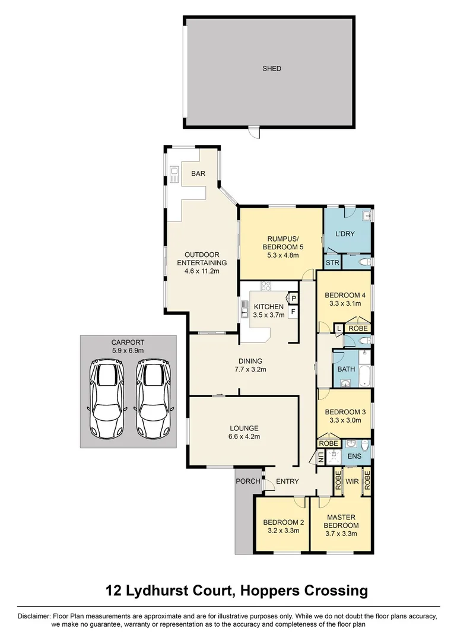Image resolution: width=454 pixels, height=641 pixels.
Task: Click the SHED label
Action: point(272,69)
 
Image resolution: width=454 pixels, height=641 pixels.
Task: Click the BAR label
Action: point(197,174)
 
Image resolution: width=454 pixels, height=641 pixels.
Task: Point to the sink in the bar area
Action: point(174,174)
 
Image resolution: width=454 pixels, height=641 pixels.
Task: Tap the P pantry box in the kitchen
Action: point(293,298)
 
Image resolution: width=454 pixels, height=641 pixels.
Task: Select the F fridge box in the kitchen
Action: point(293,310)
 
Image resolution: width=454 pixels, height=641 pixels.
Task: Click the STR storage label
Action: point(332,262)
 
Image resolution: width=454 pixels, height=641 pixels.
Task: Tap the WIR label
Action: point(352,481)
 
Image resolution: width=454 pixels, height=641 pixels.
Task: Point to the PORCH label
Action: point(248,481)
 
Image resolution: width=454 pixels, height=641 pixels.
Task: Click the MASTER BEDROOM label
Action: point(341,521)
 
